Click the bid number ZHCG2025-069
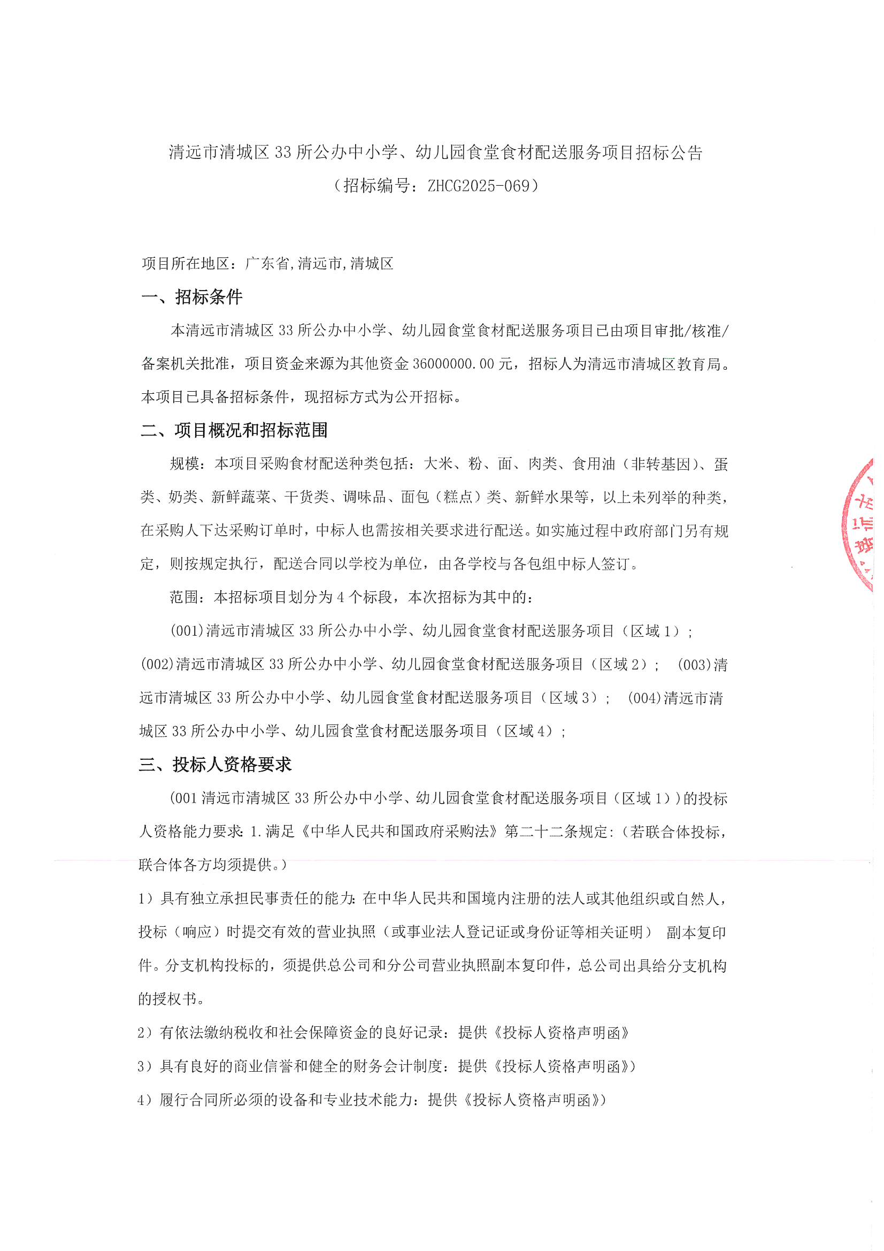pyautogui.click(x=478, y=186)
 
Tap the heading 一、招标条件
pyautogui.click(x=192, y=297)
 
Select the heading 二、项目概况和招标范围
pyautogui.click(x=234, y=430)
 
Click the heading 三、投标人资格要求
pyautogui.click(x=215, y=765)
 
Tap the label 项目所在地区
pyautogui.click(x=185, y=264)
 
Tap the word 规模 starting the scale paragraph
pyautogui.click(x=184, y=464)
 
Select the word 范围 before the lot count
pyautogui.click(x=184, y=597)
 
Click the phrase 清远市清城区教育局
pyautogui.click(x=654, y=364)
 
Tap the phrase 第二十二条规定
pyautogui.click(x=556, y=832)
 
